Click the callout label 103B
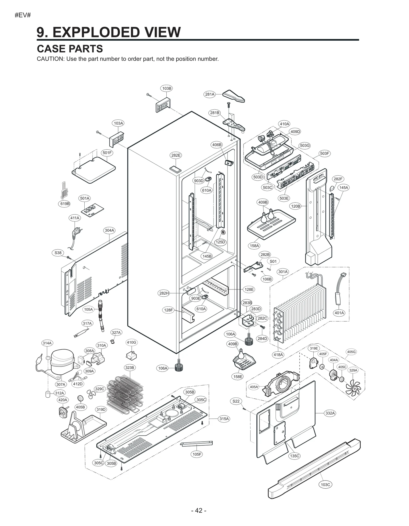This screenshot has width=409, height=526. click(167, 88)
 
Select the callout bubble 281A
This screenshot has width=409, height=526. click(210, 94)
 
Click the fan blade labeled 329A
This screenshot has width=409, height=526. click(353, 388)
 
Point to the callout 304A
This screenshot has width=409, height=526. click(109, 230)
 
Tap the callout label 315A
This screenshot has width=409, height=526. click(224, 419)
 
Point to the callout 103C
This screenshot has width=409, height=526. click(325, 484)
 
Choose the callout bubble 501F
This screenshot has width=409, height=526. click(107, 153)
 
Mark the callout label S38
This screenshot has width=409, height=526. click(58, 253)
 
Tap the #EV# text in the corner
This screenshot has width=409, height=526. click(23, 15)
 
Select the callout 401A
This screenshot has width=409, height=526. click(339, 313)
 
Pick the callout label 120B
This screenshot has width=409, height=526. click(296, 206)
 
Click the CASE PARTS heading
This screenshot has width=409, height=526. click(70, 49)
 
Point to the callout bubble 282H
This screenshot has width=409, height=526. click(164, 293)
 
